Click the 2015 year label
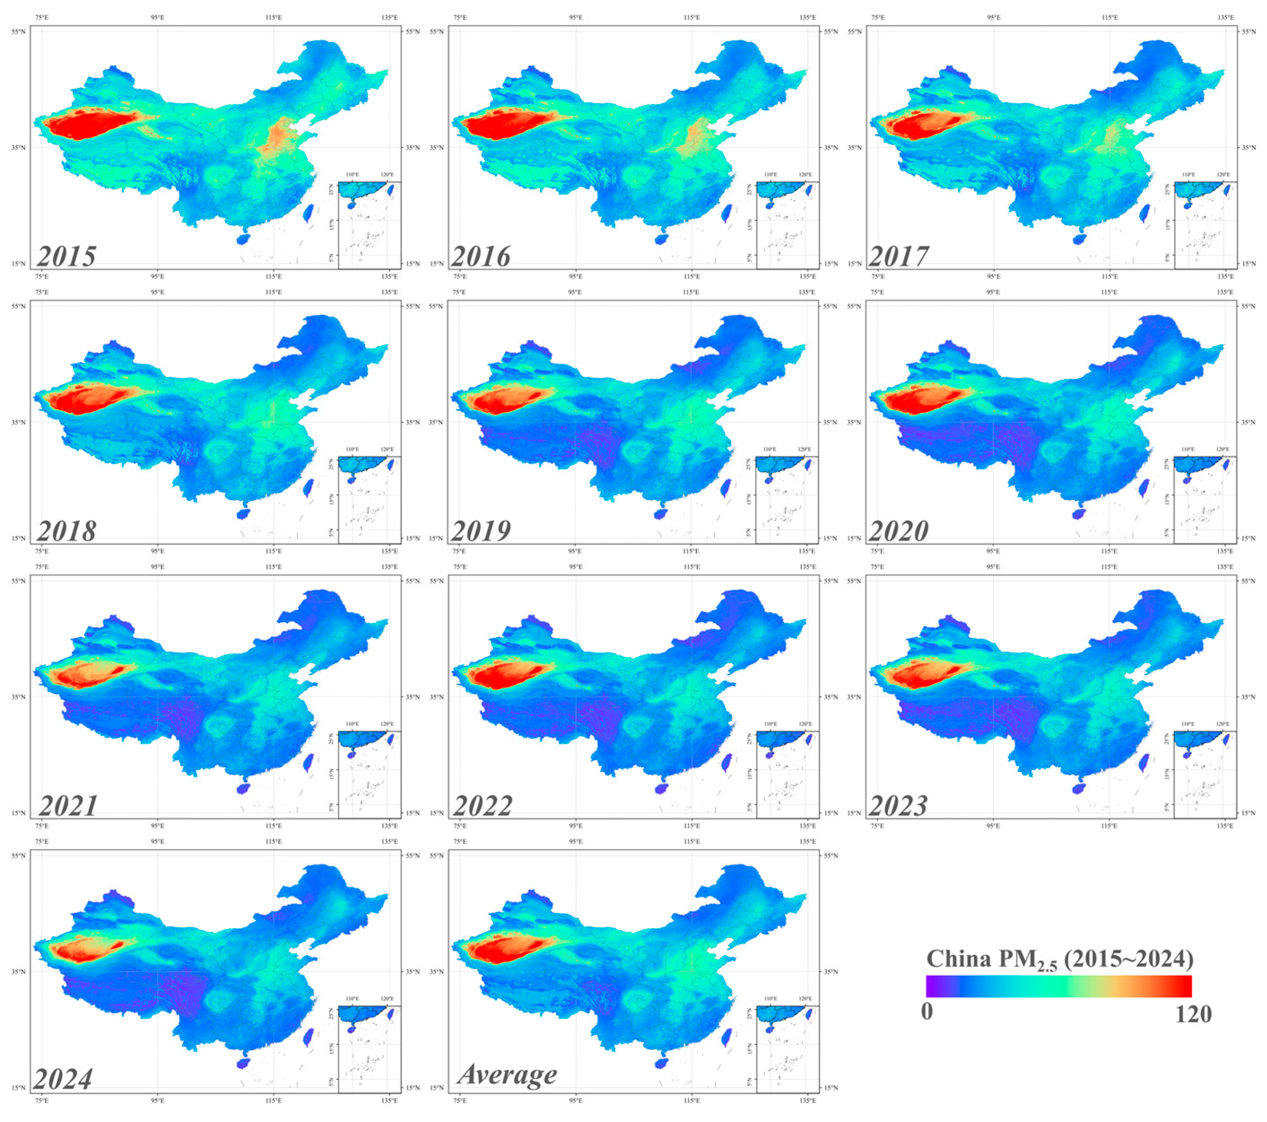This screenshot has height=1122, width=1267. (66, 256)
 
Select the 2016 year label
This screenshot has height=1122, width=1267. (481, 256)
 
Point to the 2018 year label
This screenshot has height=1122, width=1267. (66, 531)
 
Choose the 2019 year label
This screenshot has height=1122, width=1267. (481, 531)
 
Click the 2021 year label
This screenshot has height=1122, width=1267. (68, 806)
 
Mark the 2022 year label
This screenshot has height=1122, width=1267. (482, 806)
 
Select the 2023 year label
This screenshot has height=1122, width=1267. (898, 806)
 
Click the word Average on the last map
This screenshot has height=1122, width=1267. (507, 1074)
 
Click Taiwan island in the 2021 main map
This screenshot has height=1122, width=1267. (308, 762)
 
